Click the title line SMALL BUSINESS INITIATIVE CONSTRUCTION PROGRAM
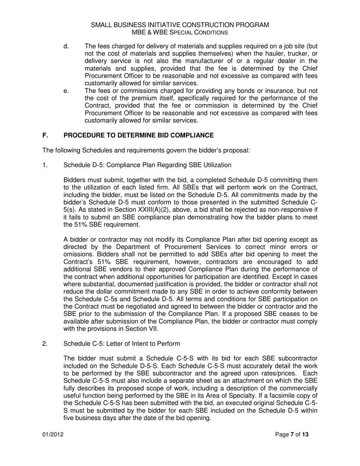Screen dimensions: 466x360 pos(180,25)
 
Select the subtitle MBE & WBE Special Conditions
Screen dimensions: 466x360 pos(180,33)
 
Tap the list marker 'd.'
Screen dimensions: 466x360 pos(66,46)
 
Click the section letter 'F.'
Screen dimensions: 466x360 pos(45,135)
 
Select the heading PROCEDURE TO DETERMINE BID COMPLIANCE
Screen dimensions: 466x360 pos(139,135)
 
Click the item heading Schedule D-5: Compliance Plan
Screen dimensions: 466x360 pos(147,165)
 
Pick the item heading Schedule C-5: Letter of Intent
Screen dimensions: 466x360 pos(122,344)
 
